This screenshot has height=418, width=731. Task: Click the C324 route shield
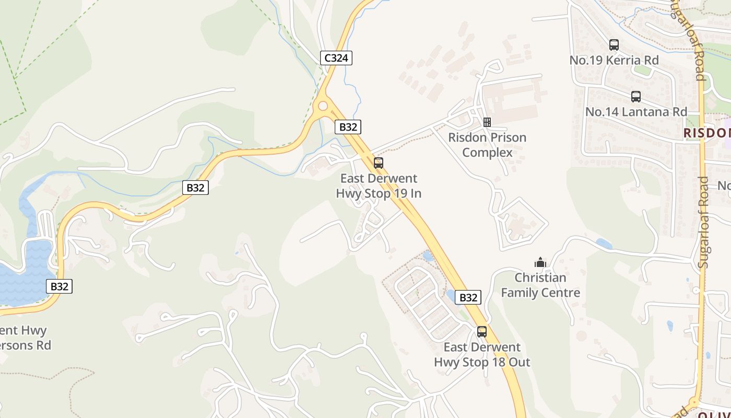click(x=336, y=57)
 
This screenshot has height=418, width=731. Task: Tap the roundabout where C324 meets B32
click(x=323, y=107)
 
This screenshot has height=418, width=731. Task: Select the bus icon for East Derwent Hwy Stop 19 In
click(x=379, y=162)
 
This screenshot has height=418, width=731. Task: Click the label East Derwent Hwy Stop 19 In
click(x=379, y=186)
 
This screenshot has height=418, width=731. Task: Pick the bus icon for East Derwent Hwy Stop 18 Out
click(x=482, y=331)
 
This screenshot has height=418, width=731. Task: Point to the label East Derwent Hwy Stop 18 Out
click(x=482, y=355)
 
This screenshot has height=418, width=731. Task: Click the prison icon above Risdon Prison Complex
click(x=487, y=122)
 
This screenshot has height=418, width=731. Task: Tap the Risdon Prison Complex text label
click(x=487, y=145)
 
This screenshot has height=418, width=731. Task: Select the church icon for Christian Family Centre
click(x=540, y=262)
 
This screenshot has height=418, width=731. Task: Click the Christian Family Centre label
click(x=540, y=285)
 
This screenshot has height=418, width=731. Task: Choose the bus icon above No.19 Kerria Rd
click(x=614, y=45)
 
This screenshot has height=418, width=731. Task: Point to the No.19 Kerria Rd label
click(x=614, y=60)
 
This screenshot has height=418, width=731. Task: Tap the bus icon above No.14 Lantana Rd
click(x=636, y=97)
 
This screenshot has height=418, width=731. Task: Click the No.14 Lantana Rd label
click(x=636, y=112)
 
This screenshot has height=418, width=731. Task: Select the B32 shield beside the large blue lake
click(x=59, y=286)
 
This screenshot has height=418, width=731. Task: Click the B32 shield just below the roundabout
click(x=348, y=126)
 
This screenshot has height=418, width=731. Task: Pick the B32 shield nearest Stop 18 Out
click(x=468, y=297)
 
